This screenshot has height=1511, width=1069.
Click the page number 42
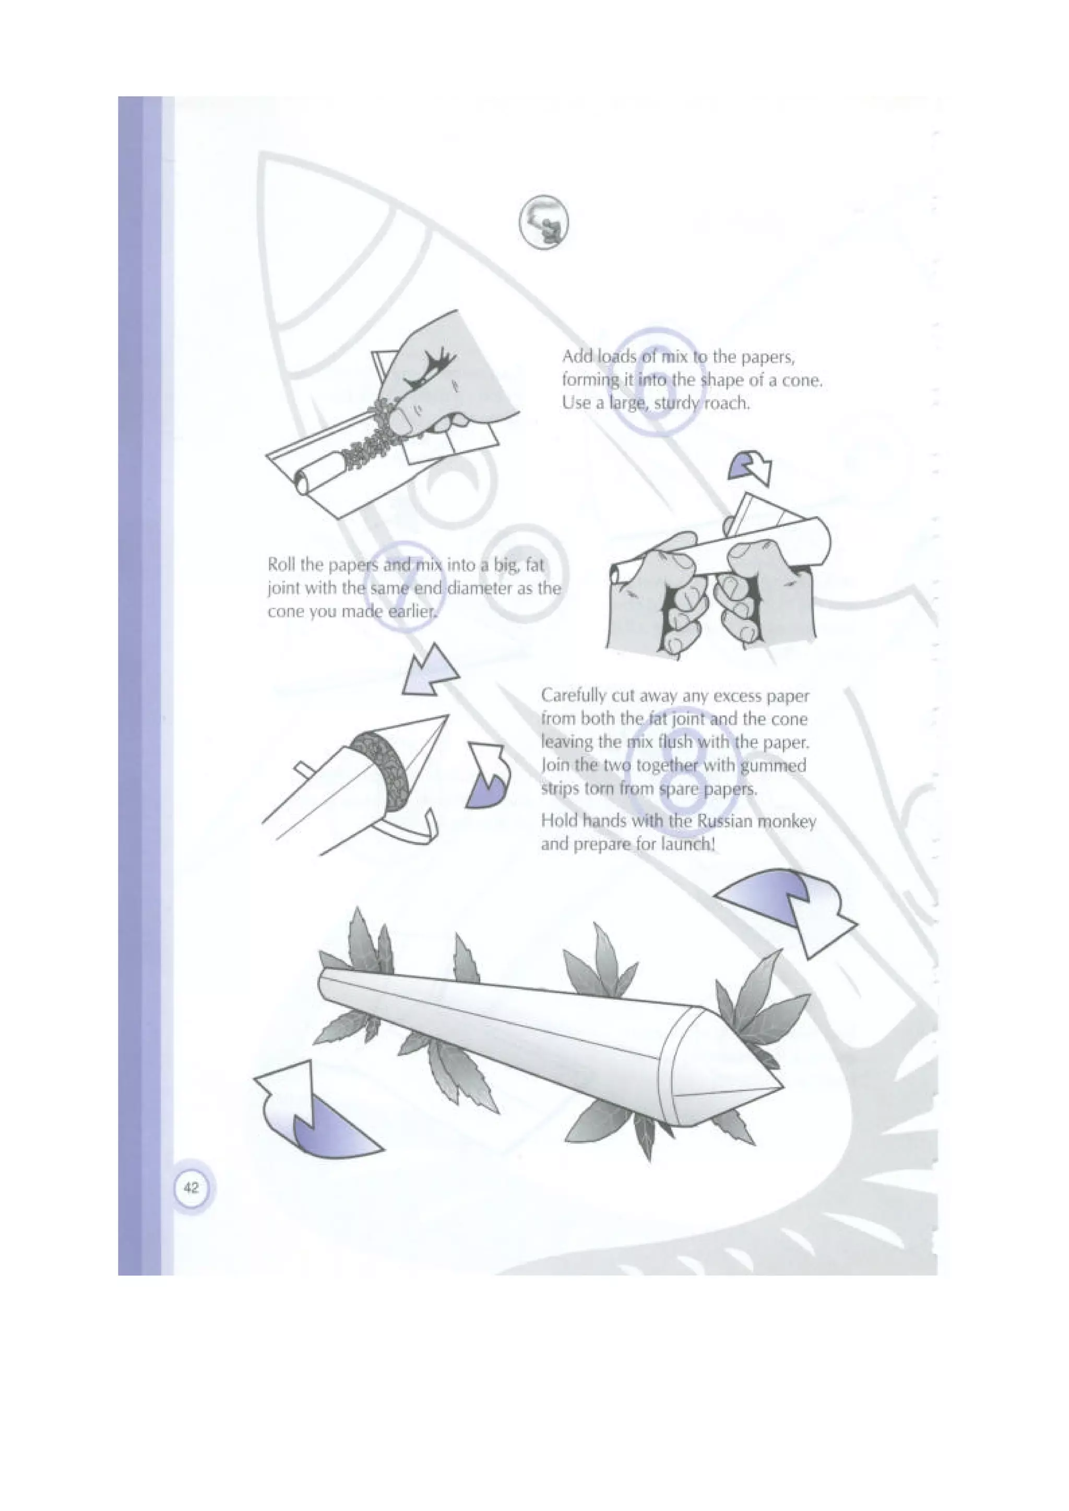(191, 1188)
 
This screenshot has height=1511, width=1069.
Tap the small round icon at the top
(544, 222)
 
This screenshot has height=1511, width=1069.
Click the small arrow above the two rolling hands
(751, 467)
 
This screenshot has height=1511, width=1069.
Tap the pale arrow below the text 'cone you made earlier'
(429, 671)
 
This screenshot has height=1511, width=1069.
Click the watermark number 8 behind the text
(683, 767)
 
